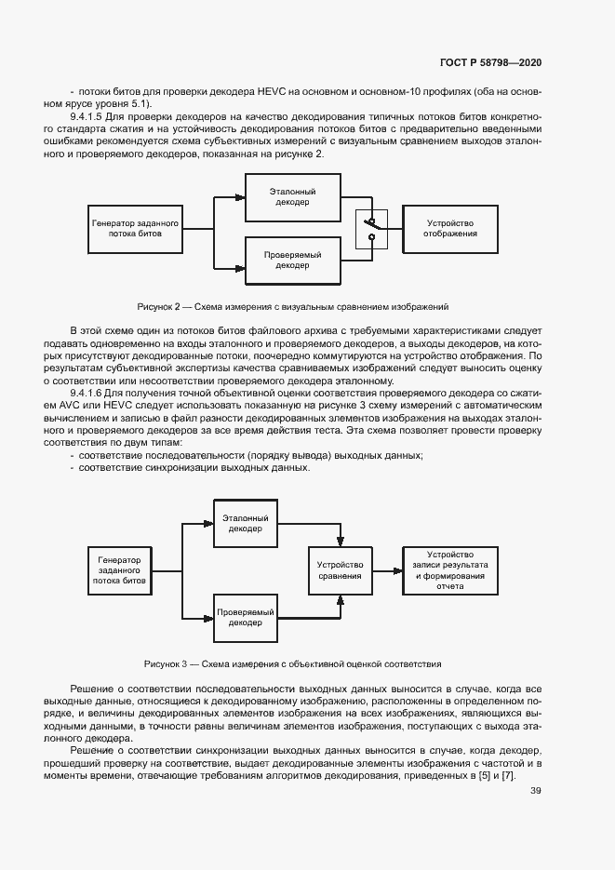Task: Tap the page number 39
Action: [x=535, y=791]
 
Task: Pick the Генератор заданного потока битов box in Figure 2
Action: [x=133, y=229]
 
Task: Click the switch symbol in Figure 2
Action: [x=371, y=228]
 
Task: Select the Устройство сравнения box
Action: [x=340, y=569]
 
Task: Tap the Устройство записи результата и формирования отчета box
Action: [x=449, y=569]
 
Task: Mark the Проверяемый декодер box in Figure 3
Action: [x=247, y=617]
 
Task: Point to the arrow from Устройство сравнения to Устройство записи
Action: [x=386, y=569]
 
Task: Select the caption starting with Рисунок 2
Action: [x=293, y=305]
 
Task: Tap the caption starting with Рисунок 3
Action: [x=292, y=663]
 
